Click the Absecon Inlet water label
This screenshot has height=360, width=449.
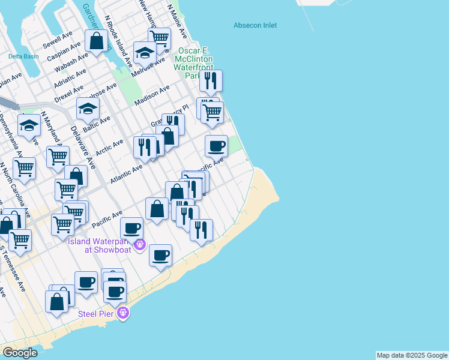coord(255,25)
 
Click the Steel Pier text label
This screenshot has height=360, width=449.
coord(97,313)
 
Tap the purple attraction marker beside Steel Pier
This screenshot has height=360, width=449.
coord(124,313)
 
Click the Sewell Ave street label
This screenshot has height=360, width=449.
coord(58,40)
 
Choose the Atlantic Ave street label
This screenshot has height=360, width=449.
coord(126,174)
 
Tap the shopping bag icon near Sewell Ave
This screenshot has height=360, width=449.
coord(96,41)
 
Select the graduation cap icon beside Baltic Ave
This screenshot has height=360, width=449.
coord(88,110)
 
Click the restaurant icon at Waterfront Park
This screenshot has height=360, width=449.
coord(210,80)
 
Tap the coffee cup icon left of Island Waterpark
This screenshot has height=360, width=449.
coord(131,228)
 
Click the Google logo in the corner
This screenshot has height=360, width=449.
coord(20,353)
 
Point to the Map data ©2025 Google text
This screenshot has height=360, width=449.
coord(412,355)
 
